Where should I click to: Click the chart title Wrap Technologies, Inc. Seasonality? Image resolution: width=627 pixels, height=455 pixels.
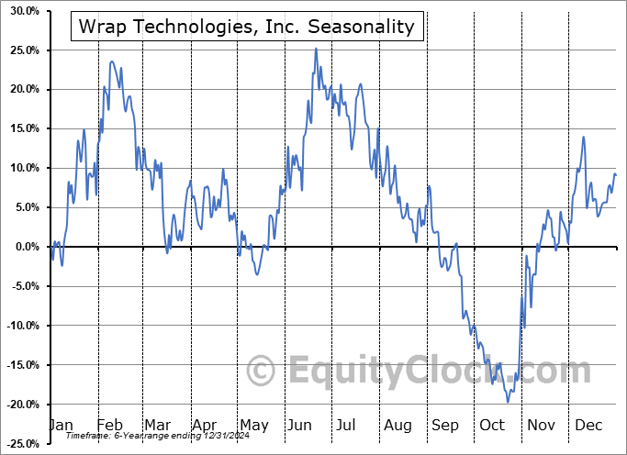(x=247, y=28)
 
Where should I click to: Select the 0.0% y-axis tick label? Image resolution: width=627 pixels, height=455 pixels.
(x=23, y=247)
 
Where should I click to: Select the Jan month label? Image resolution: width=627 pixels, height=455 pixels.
(x=60, y=426)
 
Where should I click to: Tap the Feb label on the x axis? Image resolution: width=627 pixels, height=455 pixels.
(x=109, y=426)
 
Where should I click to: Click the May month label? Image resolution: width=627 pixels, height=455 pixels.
(x=253, y=426)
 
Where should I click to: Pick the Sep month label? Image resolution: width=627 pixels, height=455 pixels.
(x=445, y=426)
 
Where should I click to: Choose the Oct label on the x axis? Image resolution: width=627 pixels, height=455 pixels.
(x=492, y=426)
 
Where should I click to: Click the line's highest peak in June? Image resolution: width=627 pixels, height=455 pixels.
(x=316, y=49)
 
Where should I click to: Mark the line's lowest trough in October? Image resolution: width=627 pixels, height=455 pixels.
(x=508, y=402)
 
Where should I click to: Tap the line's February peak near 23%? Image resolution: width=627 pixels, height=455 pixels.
(x=112, y=61)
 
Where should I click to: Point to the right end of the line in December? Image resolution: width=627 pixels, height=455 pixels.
(x=616, y=174)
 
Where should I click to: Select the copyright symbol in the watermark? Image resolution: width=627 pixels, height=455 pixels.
(x=263, y=371)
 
